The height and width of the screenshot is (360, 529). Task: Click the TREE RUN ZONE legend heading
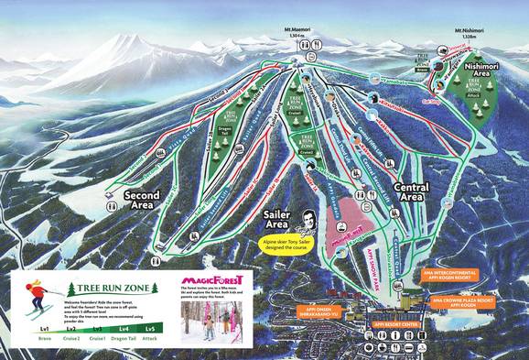coord(109,288)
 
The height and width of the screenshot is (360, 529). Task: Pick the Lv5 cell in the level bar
coord(150,327)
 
